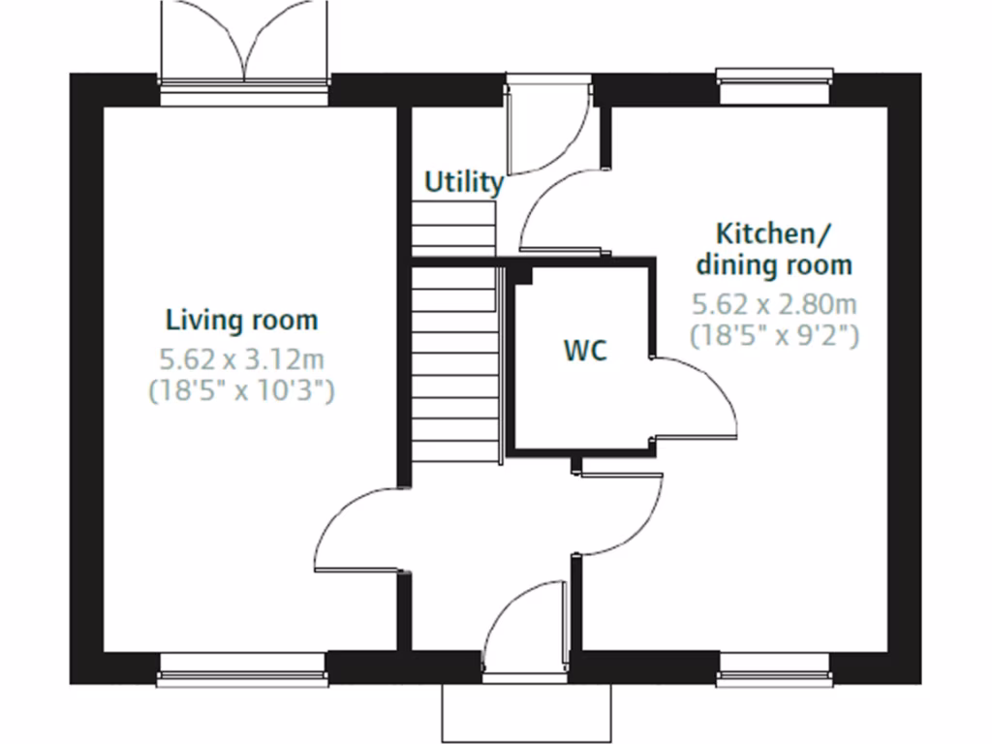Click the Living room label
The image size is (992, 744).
241,320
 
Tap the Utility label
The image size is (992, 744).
464,182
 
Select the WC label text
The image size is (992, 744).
586,351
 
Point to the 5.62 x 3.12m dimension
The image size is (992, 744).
241,361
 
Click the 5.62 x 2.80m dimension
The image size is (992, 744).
774,305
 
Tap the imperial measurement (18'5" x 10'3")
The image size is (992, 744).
241,391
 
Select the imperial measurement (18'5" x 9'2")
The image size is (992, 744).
774,336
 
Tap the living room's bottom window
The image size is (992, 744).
242,667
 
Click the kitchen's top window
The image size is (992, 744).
774,85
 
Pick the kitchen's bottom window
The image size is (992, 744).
774,667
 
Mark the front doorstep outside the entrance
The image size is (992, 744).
526,713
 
